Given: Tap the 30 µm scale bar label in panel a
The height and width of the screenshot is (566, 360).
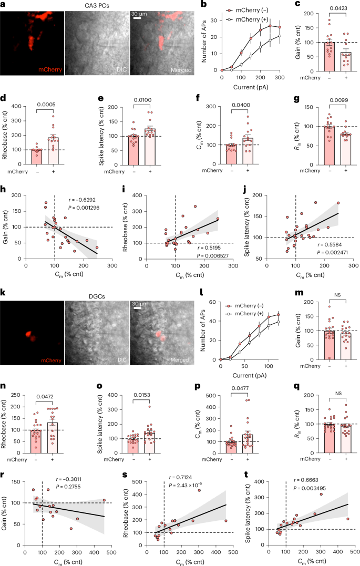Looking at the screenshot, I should coord(139,13).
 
